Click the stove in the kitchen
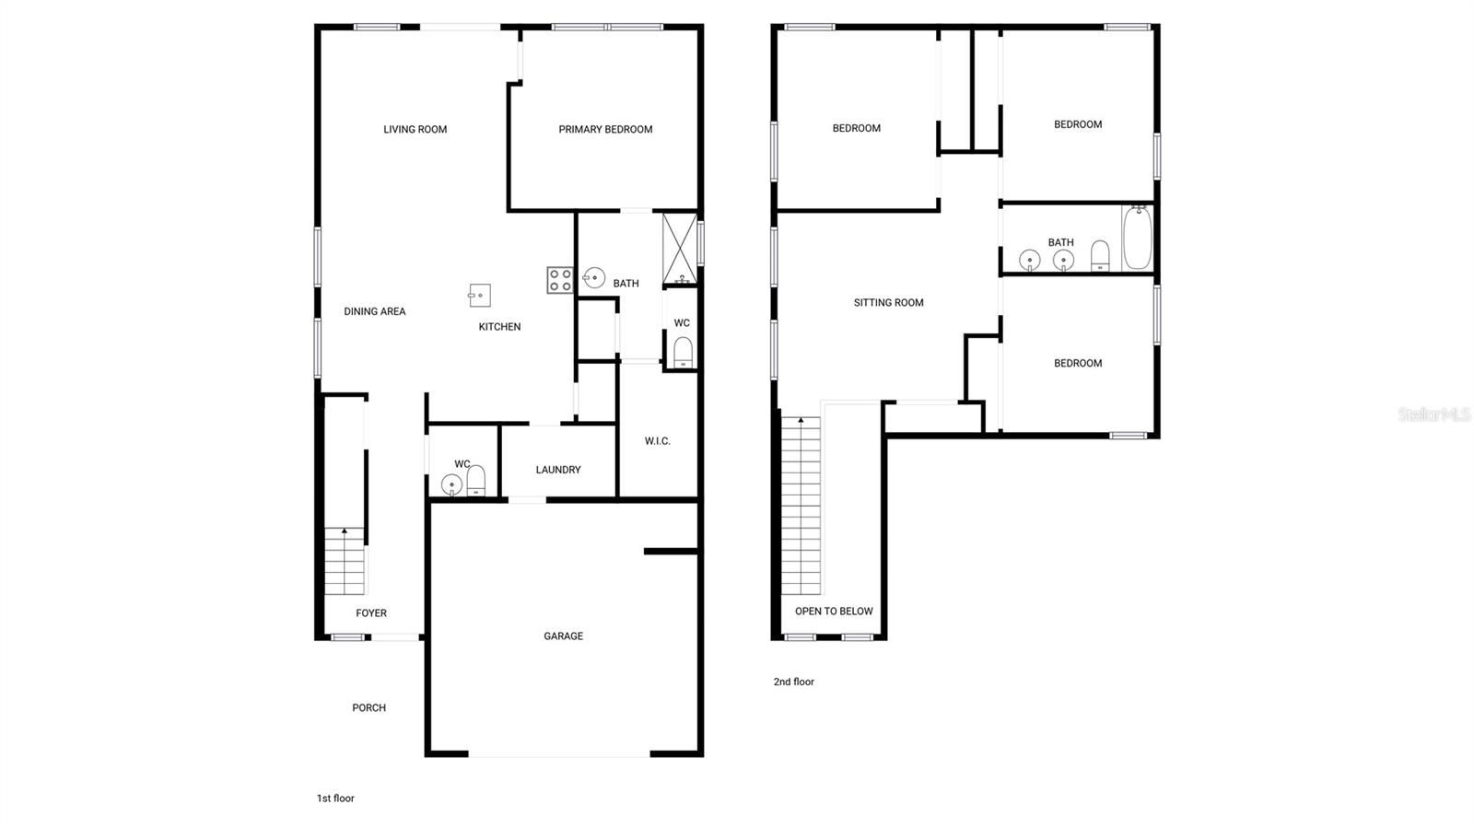pos(560,279)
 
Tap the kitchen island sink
pos(480,296)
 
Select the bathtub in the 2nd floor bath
pos(1137,238)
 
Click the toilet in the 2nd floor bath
pos(1100,256)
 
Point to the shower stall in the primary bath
pos(680,249)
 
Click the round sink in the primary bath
pos(594,277)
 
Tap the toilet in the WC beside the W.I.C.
pos(683,353)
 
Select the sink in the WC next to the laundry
pos(451,484)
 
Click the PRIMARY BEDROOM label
pos(605,130)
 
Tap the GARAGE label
pos(563,636)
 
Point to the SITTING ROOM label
pos(888,302)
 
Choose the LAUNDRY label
pos(558,470)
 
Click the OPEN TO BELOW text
pos(834,611)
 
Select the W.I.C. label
pos(658,440)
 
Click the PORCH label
pos(368,707)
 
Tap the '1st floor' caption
pos(335,798)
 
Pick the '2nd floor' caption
pos(793,682)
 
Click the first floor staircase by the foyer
pos(345,561)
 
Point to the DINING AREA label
pos(374,311)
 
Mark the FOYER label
pos(371,613)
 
